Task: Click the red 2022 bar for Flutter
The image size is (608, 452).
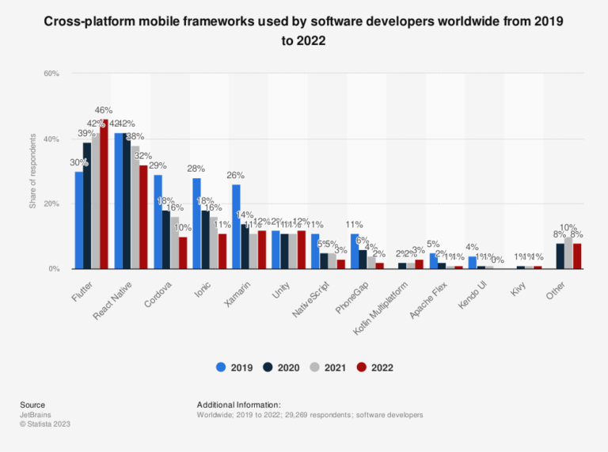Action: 104,195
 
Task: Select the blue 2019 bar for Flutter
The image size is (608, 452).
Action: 79,220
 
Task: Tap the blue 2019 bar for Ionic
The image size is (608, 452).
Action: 196,223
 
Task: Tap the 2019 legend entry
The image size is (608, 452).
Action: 234,367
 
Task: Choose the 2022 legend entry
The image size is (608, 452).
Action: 373,367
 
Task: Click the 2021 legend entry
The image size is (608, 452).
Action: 327,367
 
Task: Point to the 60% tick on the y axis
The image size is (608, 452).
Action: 51,74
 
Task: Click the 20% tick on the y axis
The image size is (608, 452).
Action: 51,203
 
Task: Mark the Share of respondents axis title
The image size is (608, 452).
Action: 32,172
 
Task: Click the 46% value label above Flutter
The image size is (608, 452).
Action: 104,110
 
